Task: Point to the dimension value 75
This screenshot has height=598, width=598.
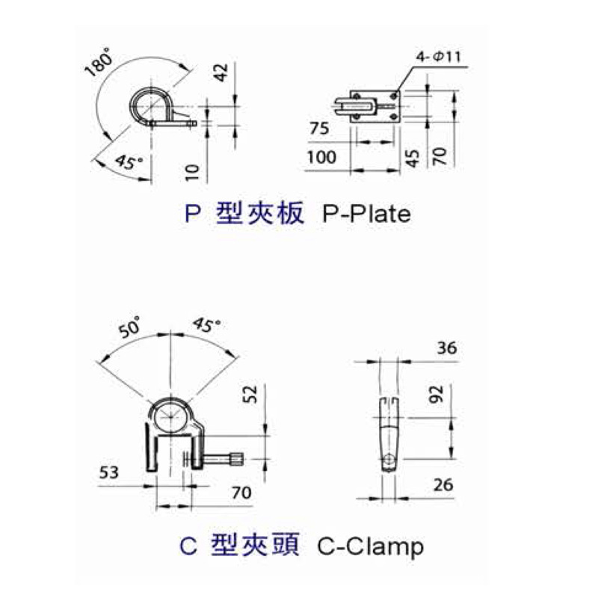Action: point(318,128)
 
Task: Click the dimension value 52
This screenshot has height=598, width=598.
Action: point(252,393)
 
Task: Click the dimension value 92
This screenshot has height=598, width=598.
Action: point(438,395)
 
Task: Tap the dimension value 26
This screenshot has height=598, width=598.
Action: point(443,485)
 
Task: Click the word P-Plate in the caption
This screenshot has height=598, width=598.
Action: point(367,215)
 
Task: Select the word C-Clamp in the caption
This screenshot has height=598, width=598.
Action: point(371,546)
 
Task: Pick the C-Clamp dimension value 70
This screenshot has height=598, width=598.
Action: point(241,493)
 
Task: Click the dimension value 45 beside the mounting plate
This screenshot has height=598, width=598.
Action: point(410,157)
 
